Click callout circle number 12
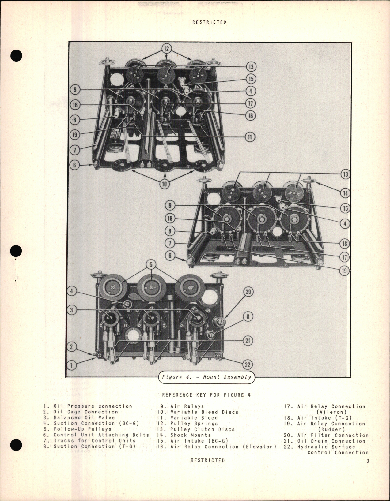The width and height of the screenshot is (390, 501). coord(166,48)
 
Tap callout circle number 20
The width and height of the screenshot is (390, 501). coord(248,292)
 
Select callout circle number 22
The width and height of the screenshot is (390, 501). coord(248,365)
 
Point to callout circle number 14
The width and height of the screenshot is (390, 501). coord(346,193)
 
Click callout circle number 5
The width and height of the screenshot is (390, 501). coord(151,264)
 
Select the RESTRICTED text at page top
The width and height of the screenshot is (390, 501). coord(209,22)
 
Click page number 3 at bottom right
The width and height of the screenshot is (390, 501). coord(368,461)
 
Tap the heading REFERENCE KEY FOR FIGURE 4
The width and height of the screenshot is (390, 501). coord(206,395)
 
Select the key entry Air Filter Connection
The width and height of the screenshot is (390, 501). coord(333,435)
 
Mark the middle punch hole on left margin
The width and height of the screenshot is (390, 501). coord(16,251)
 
